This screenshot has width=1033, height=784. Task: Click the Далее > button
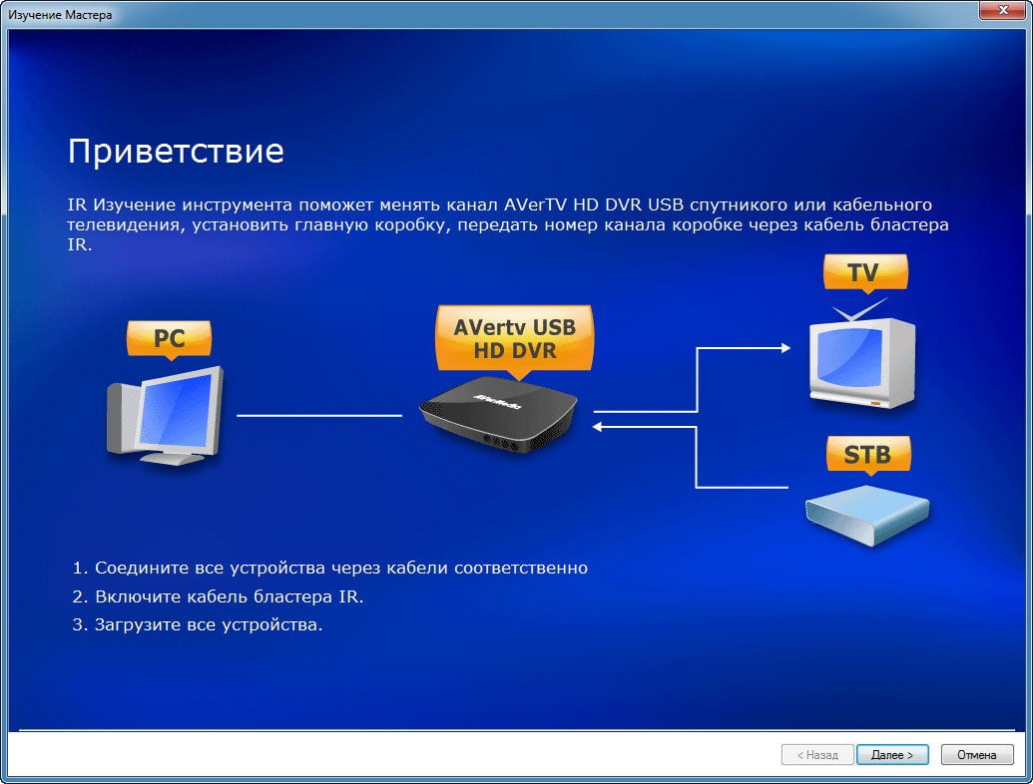click(x=892, y=754)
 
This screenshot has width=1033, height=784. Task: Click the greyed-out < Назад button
click(x=817, y=754)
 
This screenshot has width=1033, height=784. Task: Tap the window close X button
click(x=1003, y=10)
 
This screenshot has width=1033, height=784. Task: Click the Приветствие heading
click(x=176, y=151)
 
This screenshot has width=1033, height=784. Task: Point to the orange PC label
click(x=170, y=339)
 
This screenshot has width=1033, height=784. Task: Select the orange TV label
click(x=865, y=272)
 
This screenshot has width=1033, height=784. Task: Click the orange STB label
click(x=868, y=454)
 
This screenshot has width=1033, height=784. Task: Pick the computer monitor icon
click(x=166, y=415)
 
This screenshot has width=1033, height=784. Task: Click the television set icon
click(x=862, y=359)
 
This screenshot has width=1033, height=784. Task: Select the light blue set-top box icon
click(x=867, y=515)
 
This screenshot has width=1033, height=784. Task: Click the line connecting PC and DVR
click(x=318, y=415)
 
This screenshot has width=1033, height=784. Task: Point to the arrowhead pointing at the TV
click(x=785, y=347)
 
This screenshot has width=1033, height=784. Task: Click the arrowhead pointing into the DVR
click(x=598, y=427)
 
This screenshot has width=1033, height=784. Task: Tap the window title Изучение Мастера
click(x=60, y=15)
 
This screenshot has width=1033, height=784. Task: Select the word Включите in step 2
click(x=139, y=596)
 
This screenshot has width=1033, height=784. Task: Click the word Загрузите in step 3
click(x=138, y=624)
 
